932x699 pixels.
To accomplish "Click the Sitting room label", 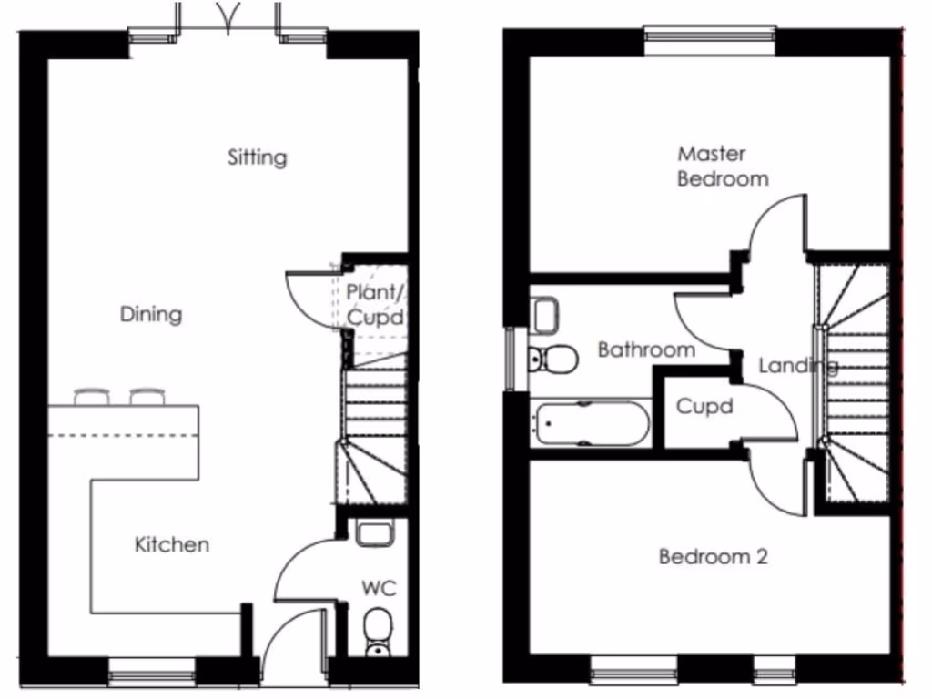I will click(x=257, y=157).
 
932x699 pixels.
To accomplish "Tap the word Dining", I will click(x=151, y=315).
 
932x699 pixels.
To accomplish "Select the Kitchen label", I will click(x=172, y=545).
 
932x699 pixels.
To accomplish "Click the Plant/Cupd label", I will click(x=375, y=305).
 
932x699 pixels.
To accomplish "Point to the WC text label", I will click(x=379, y=588).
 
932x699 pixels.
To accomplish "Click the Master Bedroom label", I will click(x=723, y=166).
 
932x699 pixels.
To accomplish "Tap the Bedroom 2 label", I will click(x=713, y=556).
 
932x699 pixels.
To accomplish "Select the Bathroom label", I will click(x=646, y=349).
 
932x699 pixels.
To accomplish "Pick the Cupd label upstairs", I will click(x=704, y=407).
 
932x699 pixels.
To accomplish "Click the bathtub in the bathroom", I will click(x=592, y=425).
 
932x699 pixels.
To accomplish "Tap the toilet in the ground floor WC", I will click(x=377, y=631).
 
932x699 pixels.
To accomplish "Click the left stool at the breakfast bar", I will click(x=92, y=397).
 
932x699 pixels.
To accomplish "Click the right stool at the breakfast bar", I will click(x=147, y=397).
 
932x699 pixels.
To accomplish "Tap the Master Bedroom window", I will click(x=711, y=35).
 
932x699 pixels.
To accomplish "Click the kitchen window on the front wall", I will click(x=152, y=675).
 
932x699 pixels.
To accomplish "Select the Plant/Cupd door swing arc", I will click(x=305, y=296).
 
